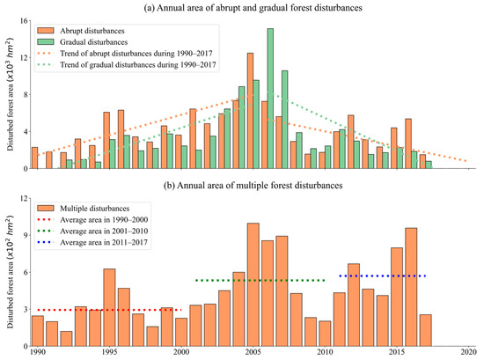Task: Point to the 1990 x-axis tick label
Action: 37,352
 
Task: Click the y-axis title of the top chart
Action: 8,94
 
